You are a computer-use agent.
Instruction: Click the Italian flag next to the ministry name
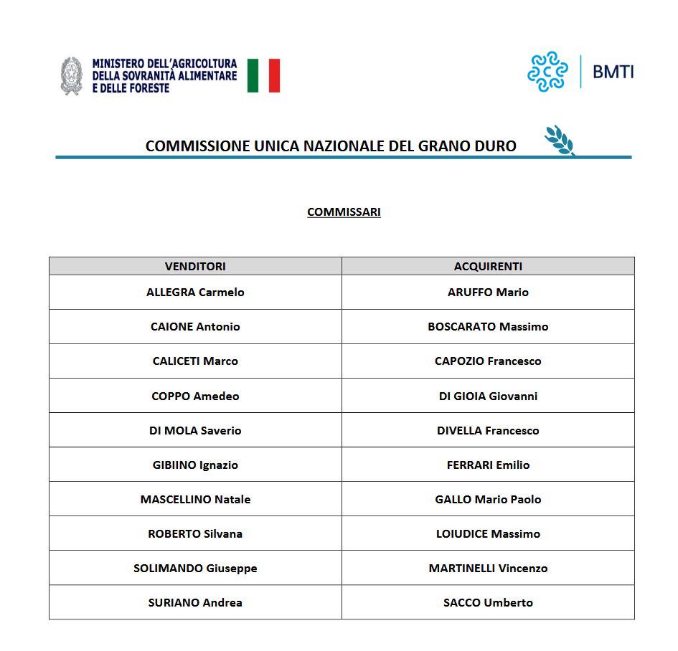pyautogui.click(x=263, y=75)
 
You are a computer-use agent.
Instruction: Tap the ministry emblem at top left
pyautogui.click(x=71, y=76)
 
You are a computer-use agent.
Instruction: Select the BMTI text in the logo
pyautogui.click(x=613, y=72)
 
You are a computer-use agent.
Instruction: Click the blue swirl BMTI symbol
pyautogui.click(x=547, y=72)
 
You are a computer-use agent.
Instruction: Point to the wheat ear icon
pyautogui.click(x=560, y=141)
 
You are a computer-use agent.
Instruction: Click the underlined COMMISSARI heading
pyautogui.click(x=344, y=212)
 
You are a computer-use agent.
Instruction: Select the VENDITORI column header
pyautogui.click(x=195, y=266)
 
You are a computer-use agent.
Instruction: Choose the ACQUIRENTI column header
pyautogui.click(x=488, y=266)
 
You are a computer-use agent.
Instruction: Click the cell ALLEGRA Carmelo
pyautogui.click(x=195, y=292)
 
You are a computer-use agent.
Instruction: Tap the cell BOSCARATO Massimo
pyautogui.click(x=488, y=326)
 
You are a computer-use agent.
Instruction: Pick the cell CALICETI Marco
pyautogui.click(x=195, y=361)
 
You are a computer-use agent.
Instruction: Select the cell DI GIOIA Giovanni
pyautogui.click(x=488, y=396)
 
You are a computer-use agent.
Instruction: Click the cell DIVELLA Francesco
pyautogui.click(x=488, y=430)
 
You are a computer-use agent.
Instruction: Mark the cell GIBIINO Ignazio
pyautogui.click(x=195, y=465)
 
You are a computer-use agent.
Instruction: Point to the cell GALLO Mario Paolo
pyautogui.click(x=488, y=499)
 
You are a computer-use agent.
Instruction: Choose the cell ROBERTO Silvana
pyautogui.click(x=195, y=533)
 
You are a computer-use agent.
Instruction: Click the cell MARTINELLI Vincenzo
pyautogui.click(x=488, y=568)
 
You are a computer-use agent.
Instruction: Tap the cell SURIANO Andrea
pyautogui.click(x=195, y=602)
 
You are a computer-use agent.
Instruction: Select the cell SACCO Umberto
pyautogui.click(x=488, y=602)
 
